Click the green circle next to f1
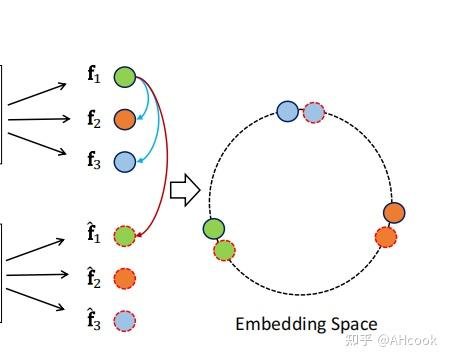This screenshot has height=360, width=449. click(x=124, y=76)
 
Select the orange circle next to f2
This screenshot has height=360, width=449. click(x=124, y=119)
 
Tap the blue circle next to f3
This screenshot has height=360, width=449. click(x=124, y=161)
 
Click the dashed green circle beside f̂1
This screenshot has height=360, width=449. click(x=124, y=236)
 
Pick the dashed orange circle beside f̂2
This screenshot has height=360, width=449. click(x=124, y=278)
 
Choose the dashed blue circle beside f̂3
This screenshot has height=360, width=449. click(x=124, y=321)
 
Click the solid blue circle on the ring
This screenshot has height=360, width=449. click(x=287, y=112)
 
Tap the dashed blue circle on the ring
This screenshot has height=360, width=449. click(x=313, y=112)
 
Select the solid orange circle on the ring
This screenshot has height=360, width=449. click(x=393, y=213)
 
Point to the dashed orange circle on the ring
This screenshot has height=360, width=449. click(x=385, y=237)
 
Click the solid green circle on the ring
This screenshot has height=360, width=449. click(x=214, y=229)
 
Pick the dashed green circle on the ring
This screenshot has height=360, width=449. click(x=224, y=250)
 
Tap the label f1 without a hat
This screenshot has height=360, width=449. click(x=94, y=76)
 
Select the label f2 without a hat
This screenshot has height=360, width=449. click(x=94, y=119)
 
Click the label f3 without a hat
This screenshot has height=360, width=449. click(x=94, y=161)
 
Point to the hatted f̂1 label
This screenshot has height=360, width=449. click(x=94, y=236)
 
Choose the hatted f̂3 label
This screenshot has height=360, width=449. click(x=94, y=320)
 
